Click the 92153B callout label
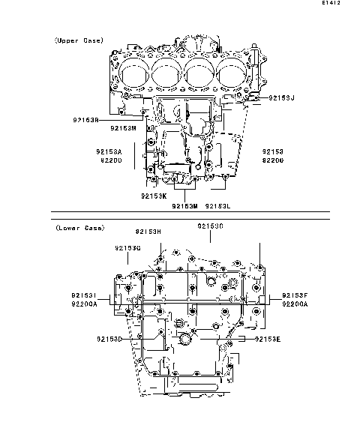(87, 119)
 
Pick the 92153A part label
(109, 151)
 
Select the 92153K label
(153, 196)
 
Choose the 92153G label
(128, 247)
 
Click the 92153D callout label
(109, 340)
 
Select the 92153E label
(268, 340)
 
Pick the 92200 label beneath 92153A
(109, 161)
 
